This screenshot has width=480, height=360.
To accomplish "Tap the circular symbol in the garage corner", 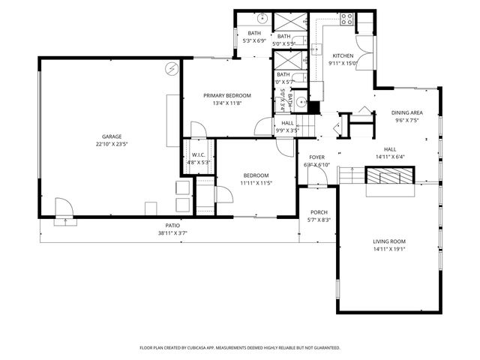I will [172, 68].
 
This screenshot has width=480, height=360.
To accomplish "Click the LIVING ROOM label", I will [389, 241].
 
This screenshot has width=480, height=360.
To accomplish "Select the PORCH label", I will [319, 212].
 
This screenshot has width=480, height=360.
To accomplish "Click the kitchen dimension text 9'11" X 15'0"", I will [343, 63].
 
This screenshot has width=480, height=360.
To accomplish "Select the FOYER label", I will [317, 157].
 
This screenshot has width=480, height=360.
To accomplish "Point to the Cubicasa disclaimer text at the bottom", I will [240, 348].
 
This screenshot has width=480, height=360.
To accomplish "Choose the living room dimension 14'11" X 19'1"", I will [389, 249].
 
